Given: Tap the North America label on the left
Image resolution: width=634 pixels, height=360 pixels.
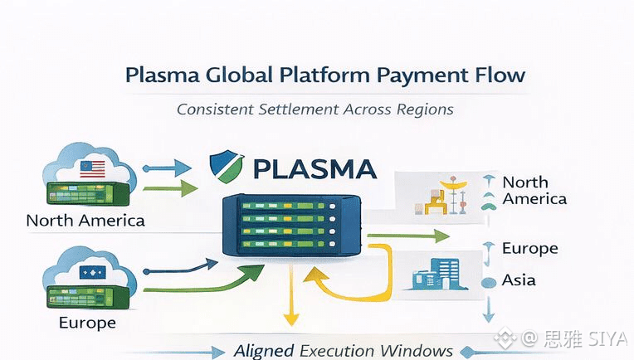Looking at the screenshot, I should [85, 221].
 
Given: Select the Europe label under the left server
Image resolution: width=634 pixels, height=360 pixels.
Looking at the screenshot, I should [87, 322].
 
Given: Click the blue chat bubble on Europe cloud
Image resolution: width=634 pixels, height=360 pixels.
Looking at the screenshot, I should [88, 271].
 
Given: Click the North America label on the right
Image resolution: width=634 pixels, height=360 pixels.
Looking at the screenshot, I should [534, 190].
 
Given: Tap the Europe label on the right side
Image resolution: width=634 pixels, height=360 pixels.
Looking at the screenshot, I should [529, 249].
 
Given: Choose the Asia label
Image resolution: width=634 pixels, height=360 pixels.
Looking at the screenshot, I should [519, 280].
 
